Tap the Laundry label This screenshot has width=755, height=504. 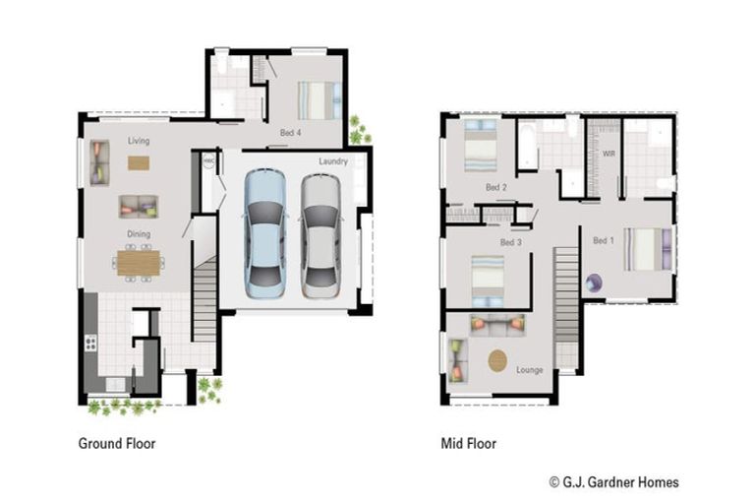pyautogui.click(x=334, y=161)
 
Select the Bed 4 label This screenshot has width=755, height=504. pyautogui.click(x=291, y=132)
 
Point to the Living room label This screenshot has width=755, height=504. pyautogui.click(x=139, y=141)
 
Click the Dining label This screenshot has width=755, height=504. pyautogui.click(x=139, y=234)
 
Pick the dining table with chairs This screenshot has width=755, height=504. pyautogui.click(x=139, y=262)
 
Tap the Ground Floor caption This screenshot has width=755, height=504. pyautogui.click(x=117, y=444)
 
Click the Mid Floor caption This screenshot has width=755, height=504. pyautogui.click(x=469, y=444)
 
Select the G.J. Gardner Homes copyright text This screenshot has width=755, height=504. pyautogui.click(x=613, y=482)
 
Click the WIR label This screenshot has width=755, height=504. pyautogui.click(x=608, y=153)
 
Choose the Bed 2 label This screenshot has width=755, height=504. pyautogui.click(x=496, y=187)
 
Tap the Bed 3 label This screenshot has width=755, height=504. pyautogui.click(x=510, y=242)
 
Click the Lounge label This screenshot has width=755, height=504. pyautogui.click(x=530, y=369)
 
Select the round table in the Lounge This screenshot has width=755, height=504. pyautogui.click(x=499, y=360)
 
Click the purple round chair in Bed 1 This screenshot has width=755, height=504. pyautogui.click(x=593, y=283)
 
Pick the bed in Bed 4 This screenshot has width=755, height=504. pyautogui.click(x=319, y=99)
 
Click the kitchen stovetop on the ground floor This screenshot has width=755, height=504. pyautogui.click(x=91, y=344)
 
